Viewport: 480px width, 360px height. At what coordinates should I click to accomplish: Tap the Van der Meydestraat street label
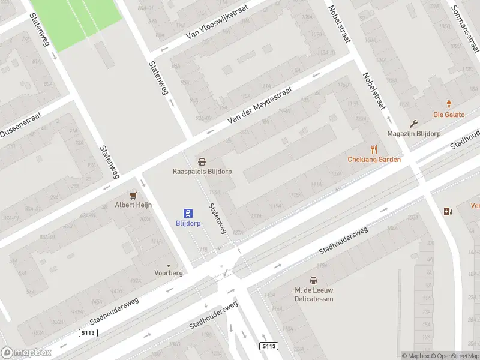tap(260, 105)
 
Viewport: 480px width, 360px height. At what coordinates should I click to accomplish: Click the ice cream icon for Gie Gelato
tap(448, 104)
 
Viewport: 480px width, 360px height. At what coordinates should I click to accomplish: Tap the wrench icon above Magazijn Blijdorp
tap(413, 124)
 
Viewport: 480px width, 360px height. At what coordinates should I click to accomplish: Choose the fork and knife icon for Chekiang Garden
tap(374, 149)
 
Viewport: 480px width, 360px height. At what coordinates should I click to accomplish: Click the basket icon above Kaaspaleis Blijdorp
tap(202, 161)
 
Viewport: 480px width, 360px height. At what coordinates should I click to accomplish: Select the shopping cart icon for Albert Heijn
tap(133, 195)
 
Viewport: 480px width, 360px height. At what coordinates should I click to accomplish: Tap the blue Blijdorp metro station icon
tap(188, 212)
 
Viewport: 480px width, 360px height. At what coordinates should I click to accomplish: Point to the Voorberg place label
tap(168, 272)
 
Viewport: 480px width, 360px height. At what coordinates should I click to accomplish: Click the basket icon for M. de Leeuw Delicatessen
tap(313, 280)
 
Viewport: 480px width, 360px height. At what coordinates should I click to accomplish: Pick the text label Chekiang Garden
tap(374, 160)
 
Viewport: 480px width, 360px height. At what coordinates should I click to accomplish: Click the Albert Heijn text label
tap(133, 205)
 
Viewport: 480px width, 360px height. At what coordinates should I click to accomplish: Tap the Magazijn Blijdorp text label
tap(413, 134)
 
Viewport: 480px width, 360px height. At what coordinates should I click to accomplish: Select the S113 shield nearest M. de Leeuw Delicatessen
tap(269, 346)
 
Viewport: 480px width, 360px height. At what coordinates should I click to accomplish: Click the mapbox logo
tap(26, 353)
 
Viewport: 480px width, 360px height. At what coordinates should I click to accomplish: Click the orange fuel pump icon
tap(447, 211)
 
